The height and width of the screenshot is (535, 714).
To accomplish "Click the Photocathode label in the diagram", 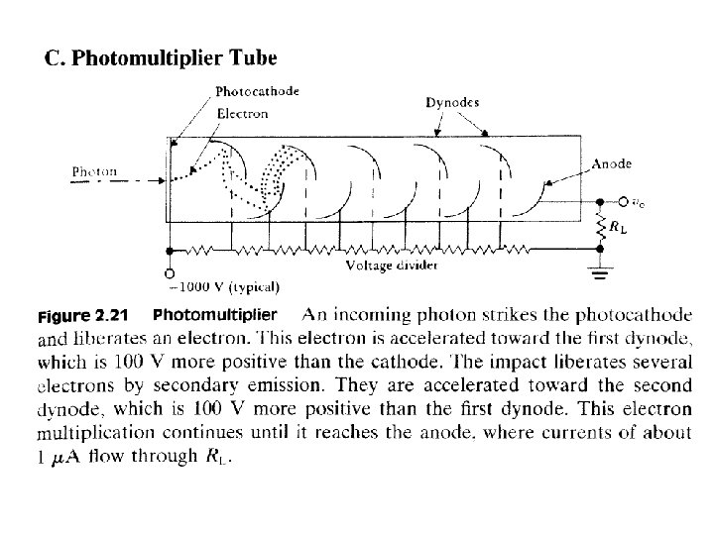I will (257, 91).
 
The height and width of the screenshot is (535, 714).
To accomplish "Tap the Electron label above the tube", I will (242, 112).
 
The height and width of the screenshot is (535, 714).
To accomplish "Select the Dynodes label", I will (452, 102).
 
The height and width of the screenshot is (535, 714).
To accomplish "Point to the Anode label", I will (611, 163).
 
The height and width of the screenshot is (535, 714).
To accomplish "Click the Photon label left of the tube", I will (94, 171).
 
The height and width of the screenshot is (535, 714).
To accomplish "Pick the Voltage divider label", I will (392, 265).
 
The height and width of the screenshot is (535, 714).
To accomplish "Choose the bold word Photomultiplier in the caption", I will (215, 315).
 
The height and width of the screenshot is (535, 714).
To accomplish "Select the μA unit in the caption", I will (65, 457).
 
